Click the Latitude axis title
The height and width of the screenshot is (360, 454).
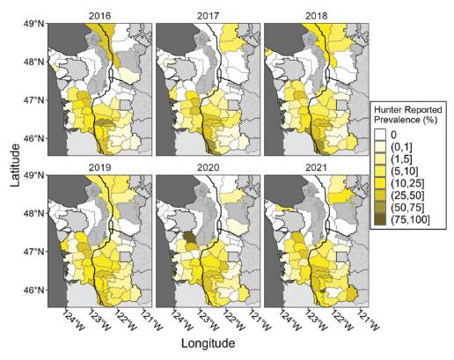[12, 165]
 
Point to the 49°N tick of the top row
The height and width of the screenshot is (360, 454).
[34, 24]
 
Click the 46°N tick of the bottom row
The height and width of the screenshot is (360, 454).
[34, 290]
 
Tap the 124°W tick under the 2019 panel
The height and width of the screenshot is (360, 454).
[70, 318]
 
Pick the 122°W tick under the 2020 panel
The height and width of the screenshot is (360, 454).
[231, 318]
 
